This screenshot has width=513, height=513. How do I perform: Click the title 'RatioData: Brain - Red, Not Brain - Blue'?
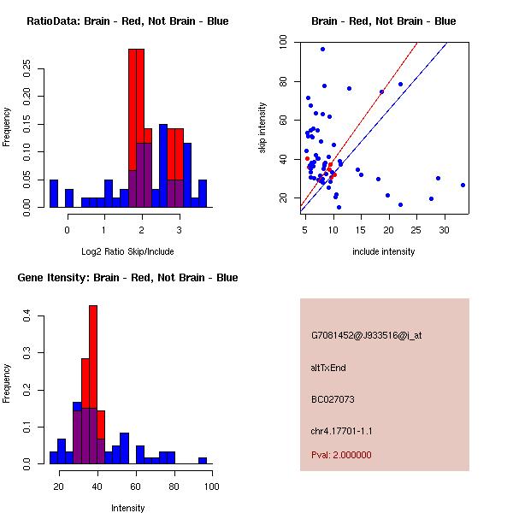127,21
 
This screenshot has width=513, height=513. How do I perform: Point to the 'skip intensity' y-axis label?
263,128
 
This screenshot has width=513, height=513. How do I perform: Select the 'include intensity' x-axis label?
383,251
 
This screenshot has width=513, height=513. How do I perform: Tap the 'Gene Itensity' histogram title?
127,278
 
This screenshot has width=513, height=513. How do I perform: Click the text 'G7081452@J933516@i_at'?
367,335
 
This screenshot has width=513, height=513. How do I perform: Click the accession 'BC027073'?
333,399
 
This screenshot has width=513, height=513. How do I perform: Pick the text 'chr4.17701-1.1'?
342,430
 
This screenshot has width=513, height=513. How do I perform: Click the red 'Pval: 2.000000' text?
342,455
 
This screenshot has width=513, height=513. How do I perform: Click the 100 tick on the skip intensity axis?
283,40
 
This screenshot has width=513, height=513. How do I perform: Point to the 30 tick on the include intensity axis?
445,230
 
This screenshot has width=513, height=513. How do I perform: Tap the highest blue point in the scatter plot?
322,49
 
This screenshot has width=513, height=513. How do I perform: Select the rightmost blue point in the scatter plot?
463,185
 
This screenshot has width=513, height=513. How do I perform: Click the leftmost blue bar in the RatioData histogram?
54,193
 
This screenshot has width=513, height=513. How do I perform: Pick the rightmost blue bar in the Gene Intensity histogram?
203,460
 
